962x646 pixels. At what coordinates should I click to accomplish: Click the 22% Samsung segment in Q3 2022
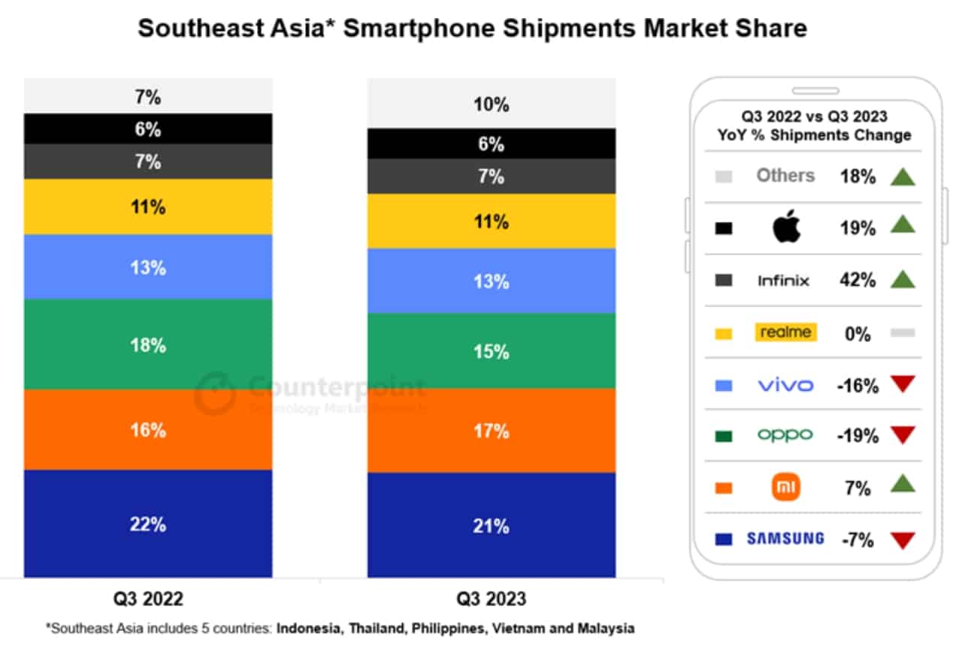tap(148, 524)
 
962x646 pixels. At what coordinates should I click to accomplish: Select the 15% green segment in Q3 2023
tap(491, 351)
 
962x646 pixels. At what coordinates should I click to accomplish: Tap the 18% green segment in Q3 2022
tap(148, 344)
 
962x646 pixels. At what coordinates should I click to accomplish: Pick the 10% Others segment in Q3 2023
tap(491, 104)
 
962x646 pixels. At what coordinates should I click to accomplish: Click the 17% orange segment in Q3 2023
tap(491, 431)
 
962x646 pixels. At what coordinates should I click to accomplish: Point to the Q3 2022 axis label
tap(148, 599)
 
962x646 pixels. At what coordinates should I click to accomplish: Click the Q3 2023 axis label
tap(491, 599)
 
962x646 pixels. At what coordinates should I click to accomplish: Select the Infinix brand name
tap(784, 281)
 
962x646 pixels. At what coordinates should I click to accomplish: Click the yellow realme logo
tap(785, 332)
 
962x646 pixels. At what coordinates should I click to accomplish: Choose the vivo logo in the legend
tap(785, 385)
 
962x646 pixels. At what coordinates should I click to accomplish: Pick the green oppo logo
tap(785, 435)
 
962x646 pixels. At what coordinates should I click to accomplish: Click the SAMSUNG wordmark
tap(785, 538)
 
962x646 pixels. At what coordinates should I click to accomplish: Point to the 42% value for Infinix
tap(858, 281)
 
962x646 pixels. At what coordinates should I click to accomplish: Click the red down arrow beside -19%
tap(903, 435)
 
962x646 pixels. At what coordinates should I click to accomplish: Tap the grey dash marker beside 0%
tap(903, 332)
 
